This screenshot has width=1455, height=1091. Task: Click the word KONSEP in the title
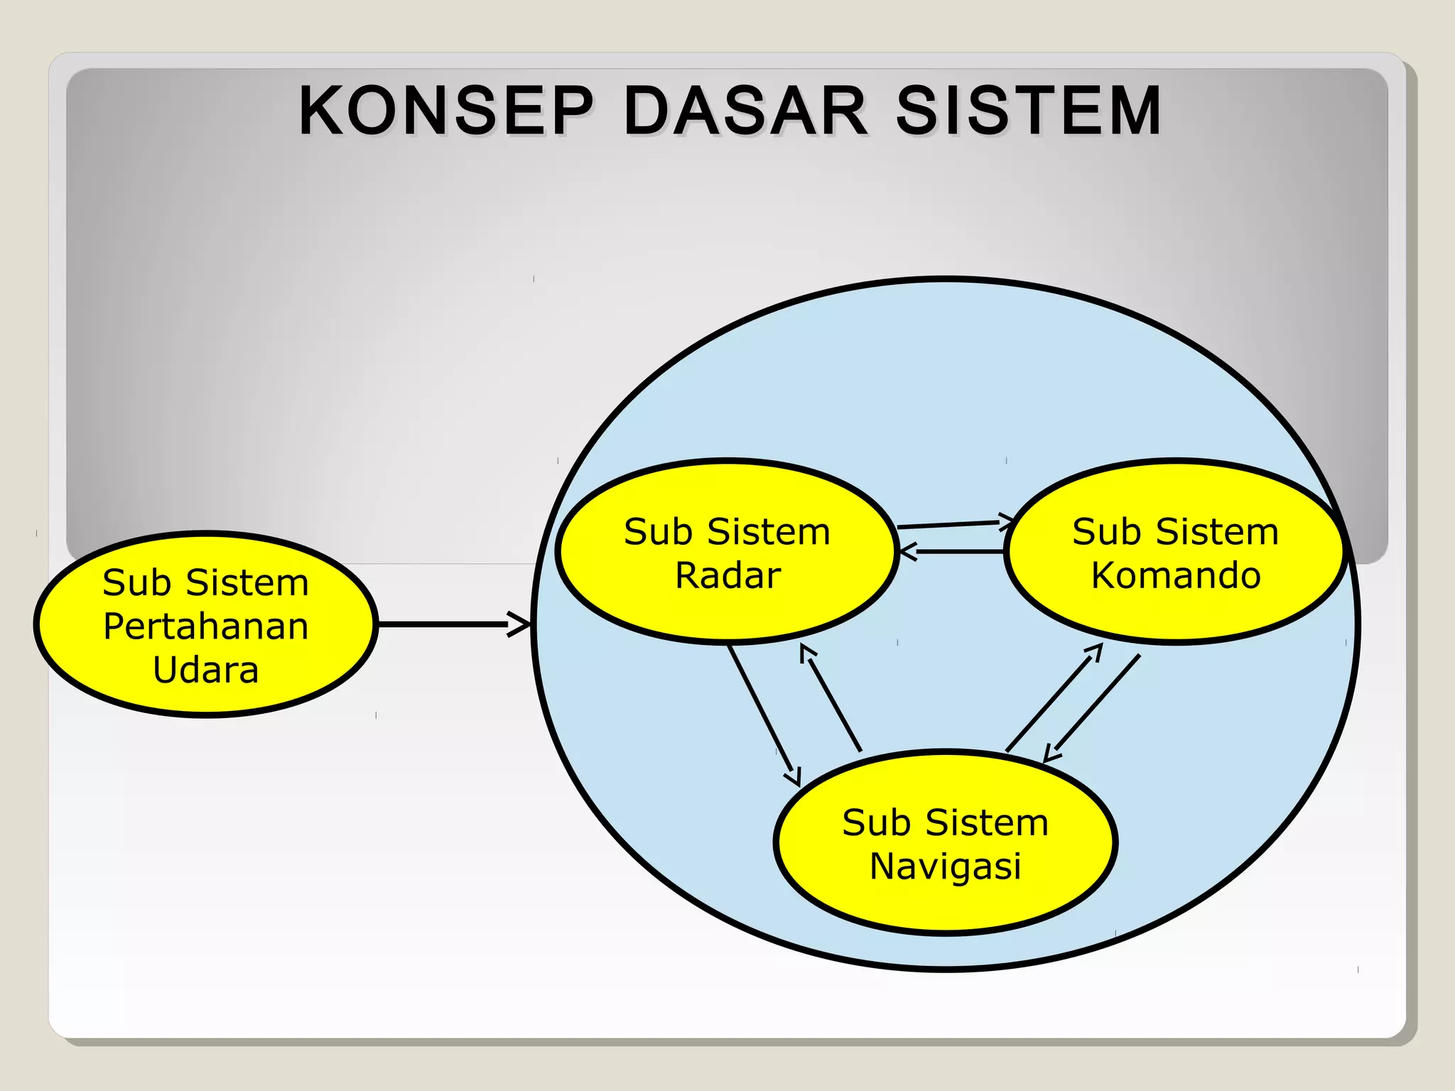click(445, 111)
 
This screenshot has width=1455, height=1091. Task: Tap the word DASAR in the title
click(745, 111)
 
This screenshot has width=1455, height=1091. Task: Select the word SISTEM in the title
click(1028, 111)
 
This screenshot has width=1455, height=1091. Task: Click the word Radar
click(727, 575)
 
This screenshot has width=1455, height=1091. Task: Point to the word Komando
click(1176, 575)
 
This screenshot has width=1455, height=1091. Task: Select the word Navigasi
click(945, 867)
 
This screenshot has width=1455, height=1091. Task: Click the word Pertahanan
click(205, 626)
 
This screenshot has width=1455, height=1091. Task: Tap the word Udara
click(205, 671)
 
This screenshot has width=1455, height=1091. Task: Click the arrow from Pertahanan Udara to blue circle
click(448, 624)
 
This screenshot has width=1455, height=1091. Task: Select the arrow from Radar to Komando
click(952, 524)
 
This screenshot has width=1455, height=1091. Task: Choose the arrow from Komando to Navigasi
click(1094, 706)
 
